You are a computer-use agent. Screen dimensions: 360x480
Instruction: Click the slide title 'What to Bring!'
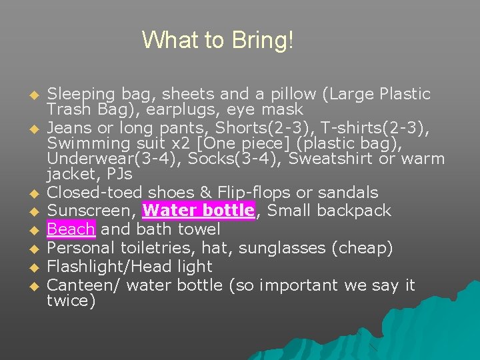coord(217,41)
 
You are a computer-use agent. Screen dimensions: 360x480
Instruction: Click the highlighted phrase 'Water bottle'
coord(199,211)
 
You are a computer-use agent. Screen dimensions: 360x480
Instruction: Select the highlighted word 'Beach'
coord(71,230)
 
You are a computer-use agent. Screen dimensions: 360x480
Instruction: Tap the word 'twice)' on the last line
coord(71,301)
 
